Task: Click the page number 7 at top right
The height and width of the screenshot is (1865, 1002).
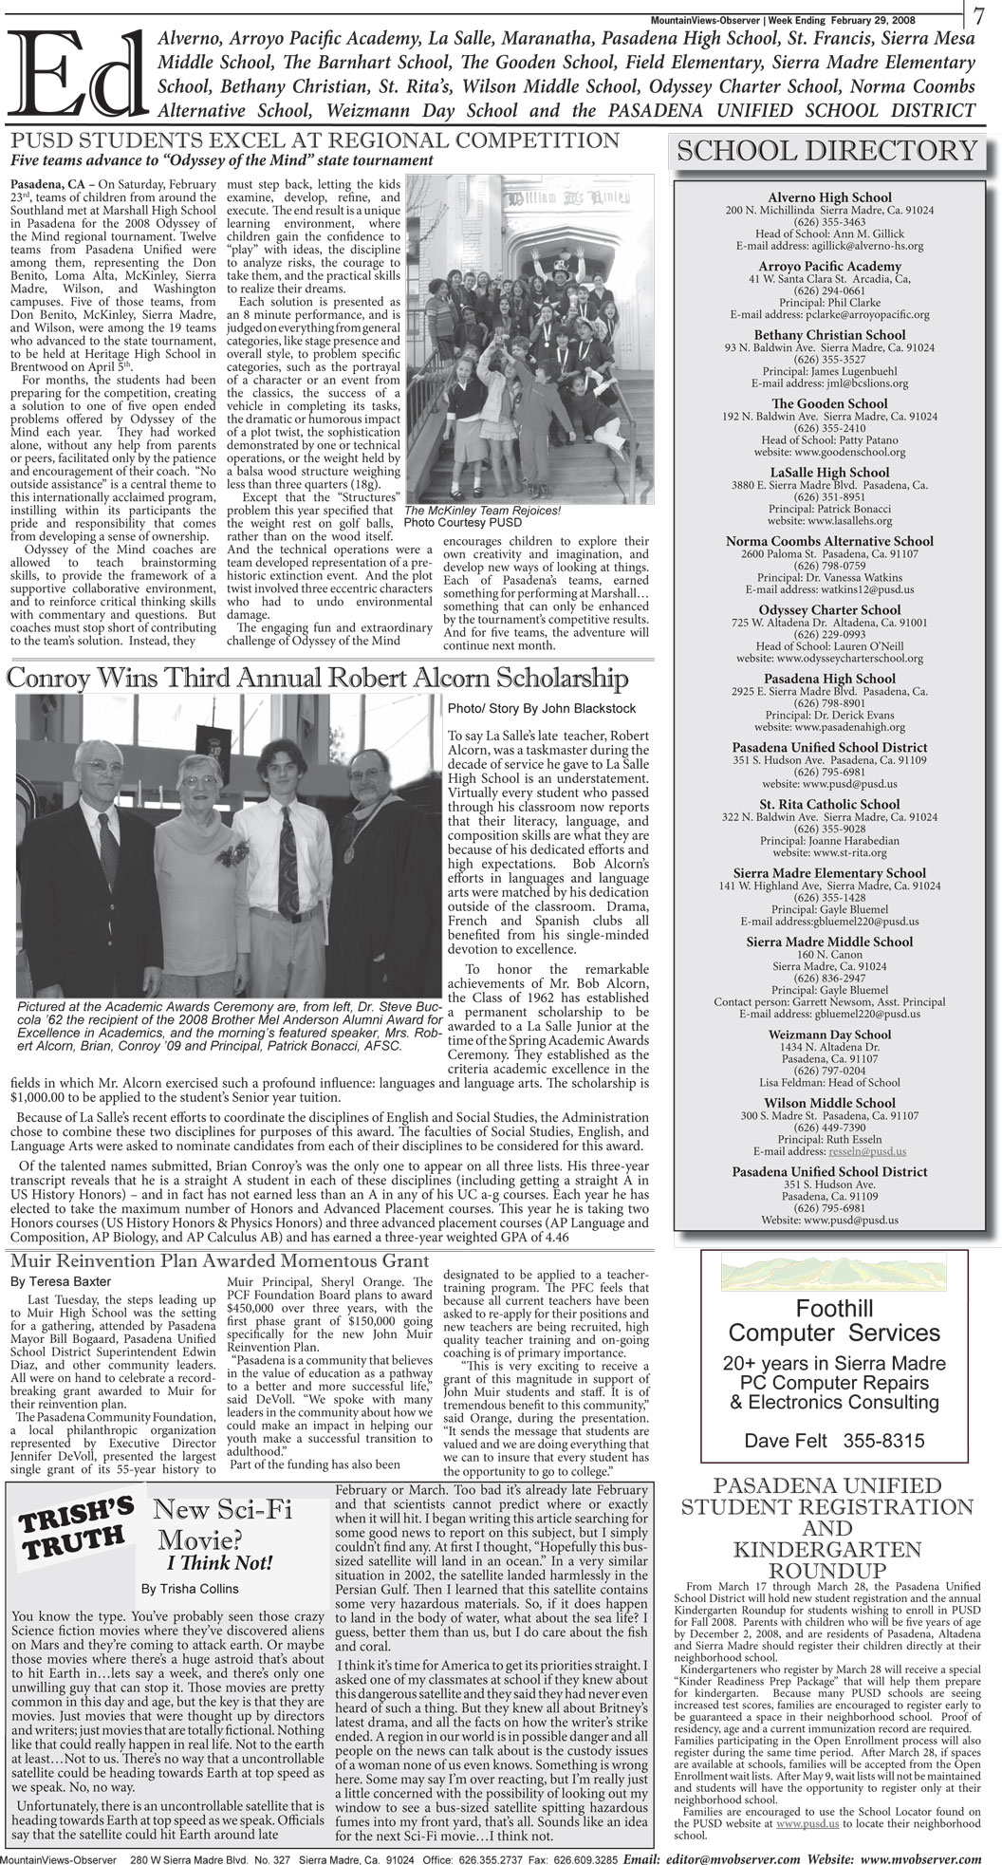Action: point(979,15)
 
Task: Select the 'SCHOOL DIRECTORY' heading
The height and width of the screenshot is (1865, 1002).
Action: point(825,151)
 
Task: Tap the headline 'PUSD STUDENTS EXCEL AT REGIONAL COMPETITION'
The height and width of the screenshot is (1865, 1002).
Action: point(314,140)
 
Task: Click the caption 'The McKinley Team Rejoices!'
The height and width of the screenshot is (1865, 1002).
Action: point(483,510)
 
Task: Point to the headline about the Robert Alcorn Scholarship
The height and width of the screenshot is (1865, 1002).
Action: point(317,679)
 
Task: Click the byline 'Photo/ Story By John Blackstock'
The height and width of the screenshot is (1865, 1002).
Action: point(542,708)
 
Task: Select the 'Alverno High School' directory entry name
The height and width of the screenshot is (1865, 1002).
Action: point(829,197)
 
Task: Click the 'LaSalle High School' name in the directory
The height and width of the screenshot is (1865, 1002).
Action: point(829,473)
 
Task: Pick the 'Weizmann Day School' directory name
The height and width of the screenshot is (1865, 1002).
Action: point(829,1035)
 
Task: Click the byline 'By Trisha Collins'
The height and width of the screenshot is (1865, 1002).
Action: point(191,1588)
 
